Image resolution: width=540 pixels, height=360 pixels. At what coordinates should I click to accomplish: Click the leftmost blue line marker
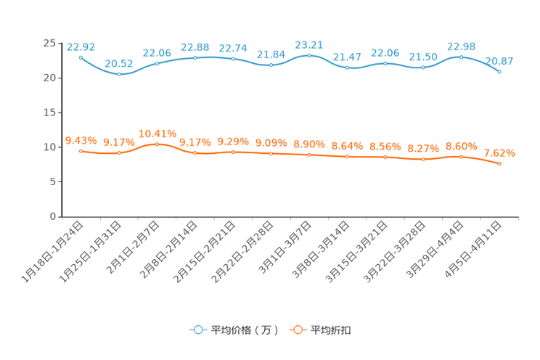(x=81, y=57)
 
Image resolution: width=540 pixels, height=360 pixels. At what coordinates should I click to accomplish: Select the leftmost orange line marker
(x=81, y=150)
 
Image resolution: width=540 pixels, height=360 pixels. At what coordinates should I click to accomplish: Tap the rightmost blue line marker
(x=499, y=71)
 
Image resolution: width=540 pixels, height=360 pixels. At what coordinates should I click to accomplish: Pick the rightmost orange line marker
(x=499, y=164)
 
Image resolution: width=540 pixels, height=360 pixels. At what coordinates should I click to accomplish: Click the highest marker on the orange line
(x=157, y=144)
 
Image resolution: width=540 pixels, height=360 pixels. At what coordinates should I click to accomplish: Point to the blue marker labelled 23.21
(x=309, y=55)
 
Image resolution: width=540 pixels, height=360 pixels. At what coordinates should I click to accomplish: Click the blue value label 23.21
(x=309, y=44)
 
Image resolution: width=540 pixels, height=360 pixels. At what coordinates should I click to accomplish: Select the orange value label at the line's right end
(x=499, y=153)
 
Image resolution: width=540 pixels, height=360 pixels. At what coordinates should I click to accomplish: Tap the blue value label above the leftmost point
(x=75, y=46)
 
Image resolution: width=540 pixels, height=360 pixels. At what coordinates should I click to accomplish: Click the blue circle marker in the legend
(x=197, y=330)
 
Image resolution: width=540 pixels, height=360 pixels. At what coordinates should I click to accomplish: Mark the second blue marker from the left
(x=119, y=73)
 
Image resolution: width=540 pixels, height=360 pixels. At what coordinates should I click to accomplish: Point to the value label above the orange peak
(x=157, y=134)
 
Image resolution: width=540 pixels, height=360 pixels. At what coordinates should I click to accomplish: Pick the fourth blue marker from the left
(x=195, y=57)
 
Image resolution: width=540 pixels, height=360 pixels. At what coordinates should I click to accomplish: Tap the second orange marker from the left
(x=119, y=153)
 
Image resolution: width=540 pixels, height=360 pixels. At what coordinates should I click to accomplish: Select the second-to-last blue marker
(x=462, y=56)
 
